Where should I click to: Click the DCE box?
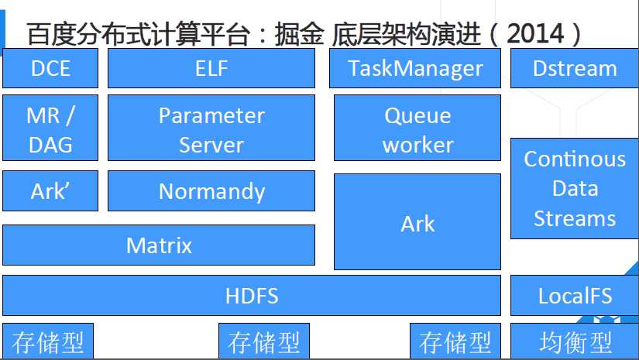50,68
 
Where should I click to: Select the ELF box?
211,68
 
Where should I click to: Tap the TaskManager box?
415,68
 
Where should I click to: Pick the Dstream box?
575,68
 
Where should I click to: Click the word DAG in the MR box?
50,144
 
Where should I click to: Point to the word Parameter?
211,116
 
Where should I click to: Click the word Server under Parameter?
211,145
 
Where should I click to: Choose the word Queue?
417,116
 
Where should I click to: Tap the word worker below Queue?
417,145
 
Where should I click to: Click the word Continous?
575,159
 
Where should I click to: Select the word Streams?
575,218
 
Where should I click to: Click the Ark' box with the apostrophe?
50,191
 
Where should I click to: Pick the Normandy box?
211,191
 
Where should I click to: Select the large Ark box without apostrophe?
417,223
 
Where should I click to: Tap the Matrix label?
159,246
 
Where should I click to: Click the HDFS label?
252,295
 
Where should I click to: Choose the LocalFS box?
575,295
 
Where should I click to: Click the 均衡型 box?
575,342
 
